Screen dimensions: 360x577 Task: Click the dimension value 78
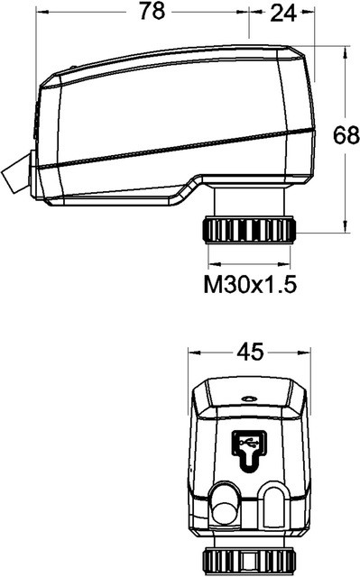tap(152, 12)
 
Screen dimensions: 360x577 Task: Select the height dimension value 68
tap(346, 135)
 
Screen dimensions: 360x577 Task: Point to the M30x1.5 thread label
tap(250, 285)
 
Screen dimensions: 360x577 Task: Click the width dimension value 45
tap(250, 352)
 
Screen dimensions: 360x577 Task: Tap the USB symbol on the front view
tap(249, 451)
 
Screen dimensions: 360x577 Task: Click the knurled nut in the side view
tap(249, 230)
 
